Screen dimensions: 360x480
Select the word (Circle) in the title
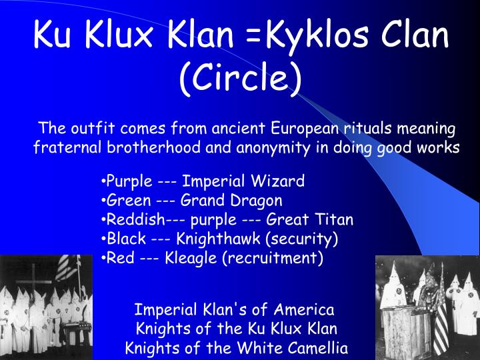tap(240, 78)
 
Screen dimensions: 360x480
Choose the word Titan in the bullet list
tap(335, 219)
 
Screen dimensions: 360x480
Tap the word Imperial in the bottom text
tap(161, 309)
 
